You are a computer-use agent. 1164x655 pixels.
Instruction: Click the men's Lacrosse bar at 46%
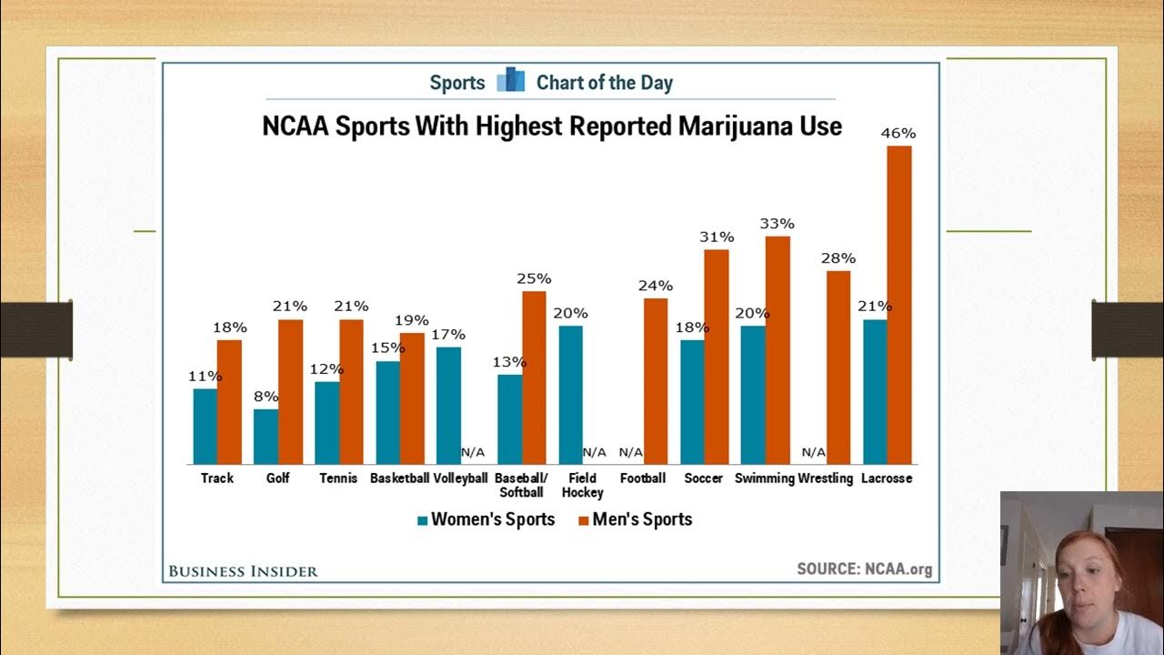click(x=898, y=305)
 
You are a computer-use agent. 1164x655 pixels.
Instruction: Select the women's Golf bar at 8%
click(x=266, y=437)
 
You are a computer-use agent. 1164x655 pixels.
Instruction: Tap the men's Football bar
click(x=656, y=381)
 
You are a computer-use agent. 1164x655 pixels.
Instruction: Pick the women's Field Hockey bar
click(x=570, y=395)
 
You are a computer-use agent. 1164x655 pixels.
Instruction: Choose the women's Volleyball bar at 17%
click(x=448, y=406)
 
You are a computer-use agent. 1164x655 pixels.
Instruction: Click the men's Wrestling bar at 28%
click(x=838, y=368)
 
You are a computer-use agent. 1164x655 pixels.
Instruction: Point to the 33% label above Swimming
click(x=778, y=224)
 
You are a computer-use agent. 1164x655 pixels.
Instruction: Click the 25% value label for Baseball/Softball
click(x=534, y=278)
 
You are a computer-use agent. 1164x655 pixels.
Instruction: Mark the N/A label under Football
click(x=631, y=452)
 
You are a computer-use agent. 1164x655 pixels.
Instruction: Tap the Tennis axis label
click(x=338, y=479)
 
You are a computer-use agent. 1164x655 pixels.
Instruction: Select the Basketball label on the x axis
click(x=399, y=479)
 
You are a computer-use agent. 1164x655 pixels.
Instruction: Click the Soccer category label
click(x=704, y=479)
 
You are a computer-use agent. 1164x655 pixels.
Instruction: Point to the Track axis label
click(x=217, y=479)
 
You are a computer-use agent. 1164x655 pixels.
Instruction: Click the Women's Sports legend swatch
click(x=422, y=520)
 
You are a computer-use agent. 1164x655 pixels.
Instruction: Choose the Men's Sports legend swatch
click(x=583, y=520)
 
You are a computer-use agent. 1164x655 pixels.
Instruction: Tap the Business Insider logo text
click(x=243, y=571)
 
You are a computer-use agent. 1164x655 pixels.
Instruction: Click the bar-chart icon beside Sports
click(x=511, y=81)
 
